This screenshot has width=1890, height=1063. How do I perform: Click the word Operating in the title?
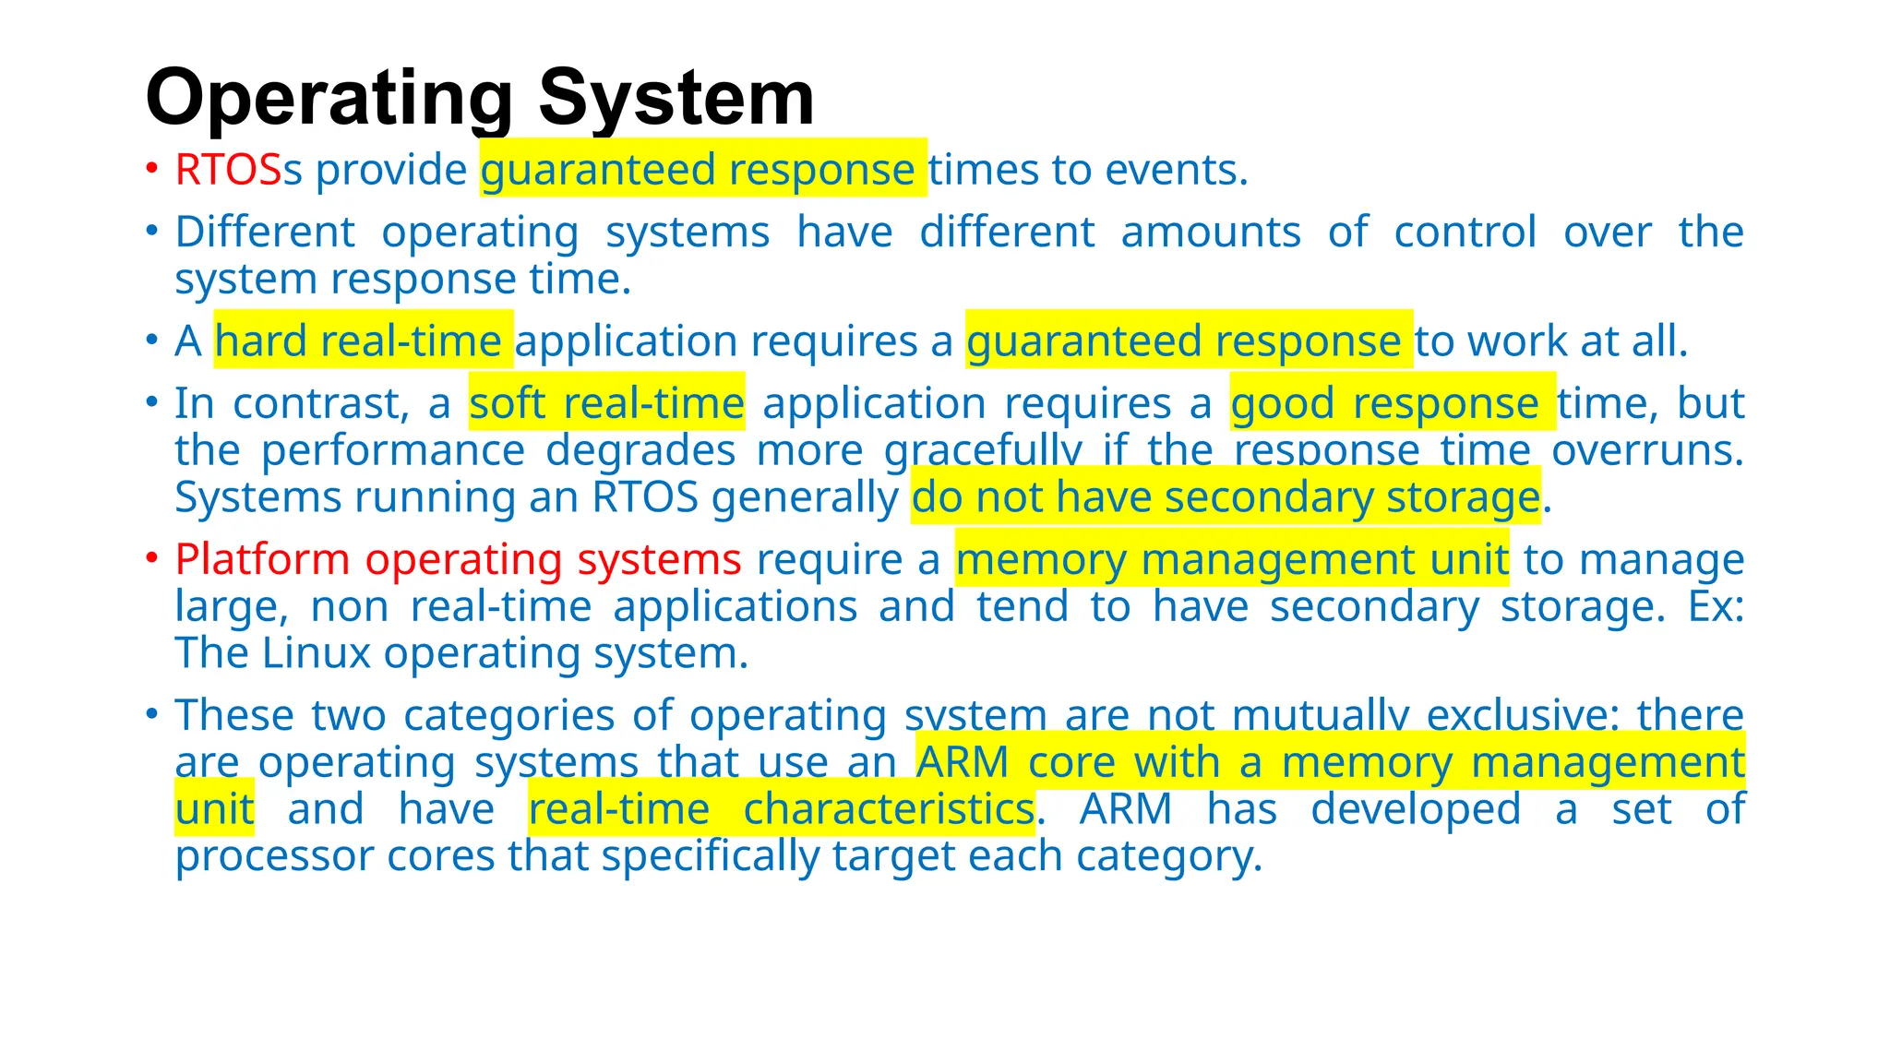pyautogui.click(x=329, y=98)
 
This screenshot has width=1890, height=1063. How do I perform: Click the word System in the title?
pyautogui.click(x=676, y=98)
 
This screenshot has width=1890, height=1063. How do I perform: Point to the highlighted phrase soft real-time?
pyautogui.click(x=606, y=403)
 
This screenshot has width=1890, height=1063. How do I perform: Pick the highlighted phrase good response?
pyautogui.click(x=1384, y=403)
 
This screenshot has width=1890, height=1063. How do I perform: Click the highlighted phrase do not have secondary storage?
pyautogui.click(x=1226, y=497)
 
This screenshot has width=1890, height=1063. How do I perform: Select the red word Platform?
pyautogui.click(x=262, y=559)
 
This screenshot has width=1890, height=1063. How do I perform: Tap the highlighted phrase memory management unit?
pyautogui.click(x=1232, y=559)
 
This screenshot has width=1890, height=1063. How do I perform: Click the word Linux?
pyautogui.click(x=317, y=653)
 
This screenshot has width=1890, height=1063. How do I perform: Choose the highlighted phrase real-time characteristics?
pyautogui.click(x=781, y=809)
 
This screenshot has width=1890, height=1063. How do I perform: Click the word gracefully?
pyautogui.click(x=983, y=450)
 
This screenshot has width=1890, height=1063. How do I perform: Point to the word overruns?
pyautogui.click(x=1647, y=450)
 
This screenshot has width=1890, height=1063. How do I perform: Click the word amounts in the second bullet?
pyautogui.click(x=1211, y=232)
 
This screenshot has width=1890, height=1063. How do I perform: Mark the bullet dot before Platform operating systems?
pyautogui.click(x=151, y=558)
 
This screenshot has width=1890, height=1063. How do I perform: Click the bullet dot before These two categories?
pyautogui.click(x=151, y=714)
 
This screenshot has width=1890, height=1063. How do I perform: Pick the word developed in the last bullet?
pyautogui.click(x=1416, y=809)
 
